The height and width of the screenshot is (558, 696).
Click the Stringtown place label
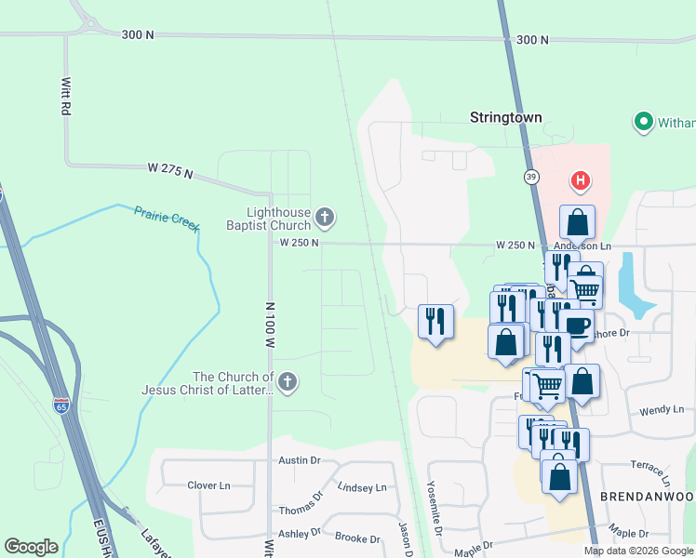click(505, 118)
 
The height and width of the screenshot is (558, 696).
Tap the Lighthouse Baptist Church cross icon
click(325, 219)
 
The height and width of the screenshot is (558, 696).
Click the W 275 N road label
click(169, 170)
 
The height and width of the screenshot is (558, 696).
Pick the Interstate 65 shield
click(61, 405)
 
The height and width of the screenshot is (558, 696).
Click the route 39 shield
click(530, 176)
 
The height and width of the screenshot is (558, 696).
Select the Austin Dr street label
click(300, 460)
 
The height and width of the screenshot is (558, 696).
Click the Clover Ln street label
click(208, 485)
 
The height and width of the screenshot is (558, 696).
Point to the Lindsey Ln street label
click(361, 487)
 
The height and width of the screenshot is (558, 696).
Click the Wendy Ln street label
click(663, 410)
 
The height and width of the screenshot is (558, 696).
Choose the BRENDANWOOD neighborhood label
click(648, 498)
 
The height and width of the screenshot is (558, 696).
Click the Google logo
click(31, 547)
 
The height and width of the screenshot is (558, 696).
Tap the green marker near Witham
click(641, 121)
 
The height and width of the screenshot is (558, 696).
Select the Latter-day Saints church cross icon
click(288, 381)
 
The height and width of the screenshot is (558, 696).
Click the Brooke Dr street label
click(357, 538)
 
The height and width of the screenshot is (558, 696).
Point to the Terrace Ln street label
click(650, 472)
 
